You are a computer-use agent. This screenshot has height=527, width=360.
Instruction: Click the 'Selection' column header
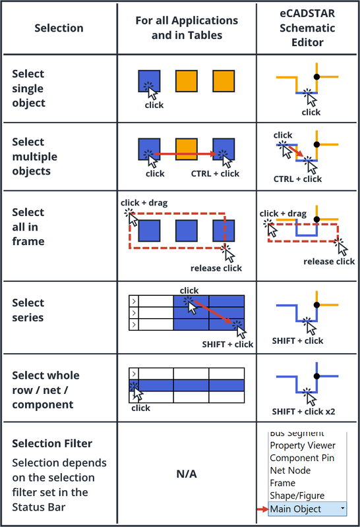59,28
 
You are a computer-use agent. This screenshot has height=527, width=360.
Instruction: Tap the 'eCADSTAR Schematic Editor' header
307,28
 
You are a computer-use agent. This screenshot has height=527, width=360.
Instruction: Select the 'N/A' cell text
187,474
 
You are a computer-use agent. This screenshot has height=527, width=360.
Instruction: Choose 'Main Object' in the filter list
295,509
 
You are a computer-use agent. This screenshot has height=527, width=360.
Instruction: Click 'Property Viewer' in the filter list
303,445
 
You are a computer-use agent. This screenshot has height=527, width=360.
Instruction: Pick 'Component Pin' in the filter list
302,458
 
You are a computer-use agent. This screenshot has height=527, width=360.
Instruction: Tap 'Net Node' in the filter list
290,470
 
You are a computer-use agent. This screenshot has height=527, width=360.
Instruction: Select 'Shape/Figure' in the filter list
297,496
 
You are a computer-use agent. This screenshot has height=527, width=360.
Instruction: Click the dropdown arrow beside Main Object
342,508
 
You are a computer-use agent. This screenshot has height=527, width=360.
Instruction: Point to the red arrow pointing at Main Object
262,509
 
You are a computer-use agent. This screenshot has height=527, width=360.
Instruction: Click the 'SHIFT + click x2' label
303,412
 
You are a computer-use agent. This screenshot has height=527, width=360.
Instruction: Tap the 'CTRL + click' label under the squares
215,174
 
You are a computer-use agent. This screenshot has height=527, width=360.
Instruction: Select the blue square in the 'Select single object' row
149,80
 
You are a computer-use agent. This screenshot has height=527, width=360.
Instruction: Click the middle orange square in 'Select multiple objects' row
187,149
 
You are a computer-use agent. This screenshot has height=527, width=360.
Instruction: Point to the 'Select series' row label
28,310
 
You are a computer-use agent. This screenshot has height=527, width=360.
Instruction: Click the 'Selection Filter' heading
52,443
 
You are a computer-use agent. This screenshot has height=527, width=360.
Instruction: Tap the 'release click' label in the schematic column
329,262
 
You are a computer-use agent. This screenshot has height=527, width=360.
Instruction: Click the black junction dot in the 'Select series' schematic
316,305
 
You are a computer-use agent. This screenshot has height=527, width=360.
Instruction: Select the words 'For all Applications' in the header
187,20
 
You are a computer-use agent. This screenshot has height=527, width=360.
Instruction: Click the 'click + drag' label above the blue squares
144,203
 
